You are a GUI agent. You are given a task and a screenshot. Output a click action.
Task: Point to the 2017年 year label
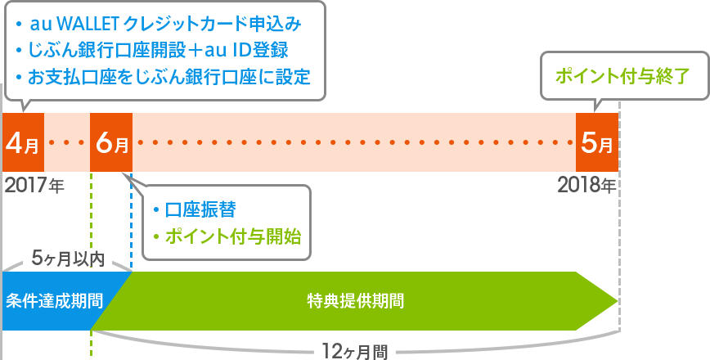[x=34, y=186]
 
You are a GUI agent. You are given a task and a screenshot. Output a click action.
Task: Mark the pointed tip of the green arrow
[x=615, y=299]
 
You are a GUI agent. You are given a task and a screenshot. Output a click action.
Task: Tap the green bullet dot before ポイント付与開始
[x=155, y=238]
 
